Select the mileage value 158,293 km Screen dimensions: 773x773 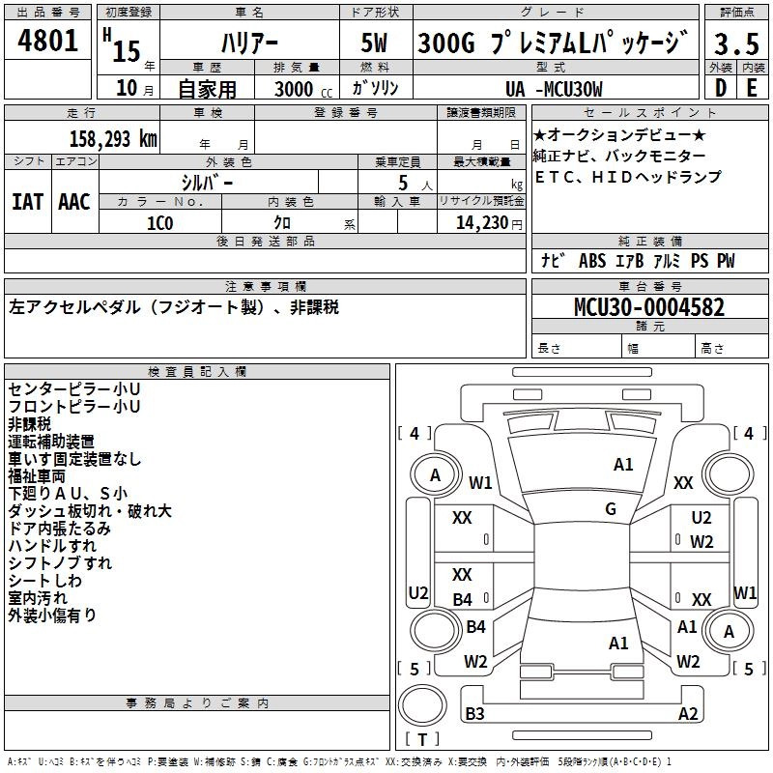pyautogui.click(x=112, y=138)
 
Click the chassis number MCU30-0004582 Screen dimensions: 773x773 pyautogui.click(x=648, y=308)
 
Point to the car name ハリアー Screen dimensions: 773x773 pyautogui.click(x=248, y=43)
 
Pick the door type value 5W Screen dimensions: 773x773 pyautogui.click(x=377, y=43)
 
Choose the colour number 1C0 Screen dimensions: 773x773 pyautogui.click(x=159, y=221)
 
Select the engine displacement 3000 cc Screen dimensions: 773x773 pyautogui.click(x=301, y=89)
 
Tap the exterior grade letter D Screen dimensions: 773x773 pyautogui.click(x=721, y=89)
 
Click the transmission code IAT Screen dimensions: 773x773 pyautogui.click(x=27, y=201)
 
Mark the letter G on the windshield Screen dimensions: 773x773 pyautogui.click(x=611, y=509)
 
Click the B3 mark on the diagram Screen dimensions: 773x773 pyautogui.click(x=474, y=714)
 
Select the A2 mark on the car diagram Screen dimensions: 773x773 pyautogui.click(x=688, y=714)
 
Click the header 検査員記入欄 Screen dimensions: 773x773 pyautogui.click(x=197, y=371)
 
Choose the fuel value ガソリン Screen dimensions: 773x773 pyautogui.click(x=376, y=88)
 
